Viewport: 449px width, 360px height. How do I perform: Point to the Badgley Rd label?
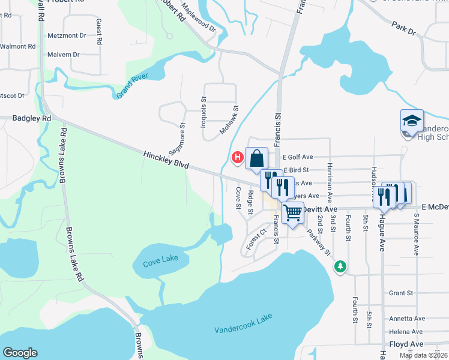(31, 119)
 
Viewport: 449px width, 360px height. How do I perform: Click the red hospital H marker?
(237, 158)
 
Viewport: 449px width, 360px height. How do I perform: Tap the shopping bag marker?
(256, 159)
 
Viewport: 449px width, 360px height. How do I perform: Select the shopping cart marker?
(292, 212)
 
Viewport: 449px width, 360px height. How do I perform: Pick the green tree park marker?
(341, 265)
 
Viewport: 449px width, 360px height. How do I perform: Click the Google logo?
(20, 353)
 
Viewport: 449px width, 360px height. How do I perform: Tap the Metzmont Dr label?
(67, 35)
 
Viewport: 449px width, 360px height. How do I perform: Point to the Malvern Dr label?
(63, 55)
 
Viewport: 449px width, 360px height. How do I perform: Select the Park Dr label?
(403, 29)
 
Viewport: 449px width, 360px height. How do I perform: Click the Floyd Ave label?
(406, 344)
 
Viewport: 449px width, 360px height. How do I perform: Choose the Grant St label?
(401, 293)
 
